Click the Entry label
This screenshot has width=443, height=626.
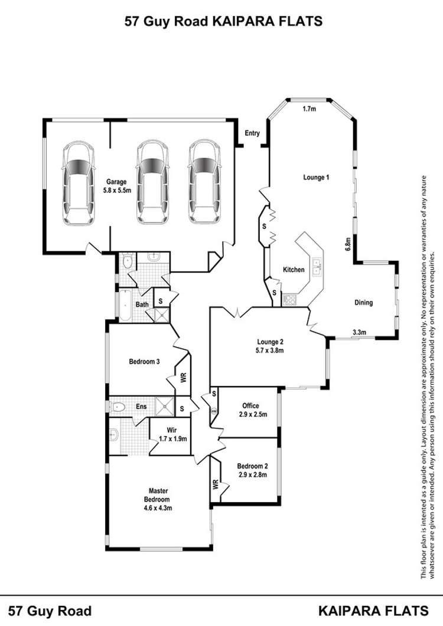click(252, 133)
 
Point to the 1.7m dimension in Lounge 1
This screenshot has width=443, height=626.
click(307, 109)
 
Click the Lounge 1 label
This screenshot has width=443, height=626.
click(315, 177)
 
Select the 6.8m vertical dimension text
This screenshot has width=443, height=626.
click(348, 243)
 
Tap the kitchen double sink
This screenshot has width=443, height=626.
click(317, 267)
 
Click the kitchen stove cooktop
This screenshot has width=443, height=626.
click(291, 300)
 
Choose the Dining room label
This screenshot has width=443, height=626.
click(363, 303)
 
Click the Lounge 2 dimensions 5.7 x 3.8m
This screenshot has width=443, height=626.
click(271, 350)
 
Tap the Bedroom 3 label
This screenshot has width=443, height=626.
click(145, 362)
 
